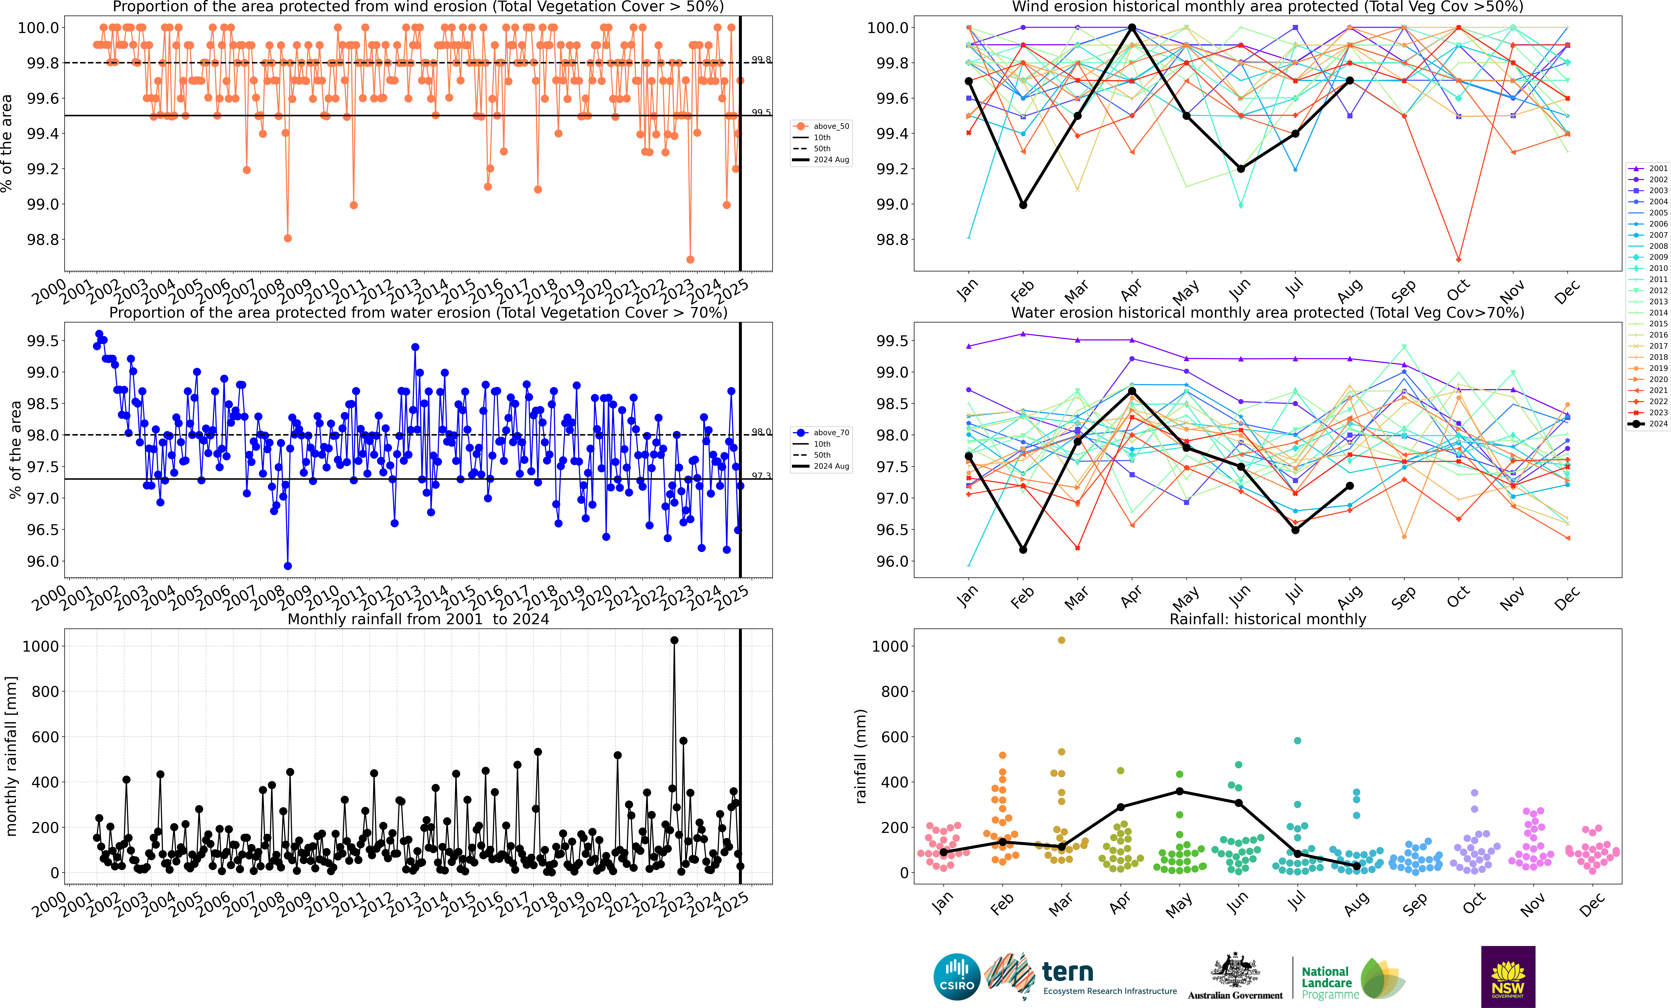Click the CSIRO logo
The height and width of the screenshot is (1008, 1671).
pos(957,977)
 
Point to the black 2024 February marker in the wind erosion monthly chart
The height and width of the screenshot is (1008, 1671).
pos(1023,205)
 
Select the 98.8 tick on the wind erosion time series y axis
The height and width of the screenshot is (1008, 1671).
pos(42,239)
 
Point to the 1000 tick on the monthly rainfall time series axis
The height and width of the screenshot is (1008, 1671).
pos(41,646)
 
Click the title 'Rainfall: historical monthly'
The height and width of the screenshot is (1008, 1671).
pos(1267,619)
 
